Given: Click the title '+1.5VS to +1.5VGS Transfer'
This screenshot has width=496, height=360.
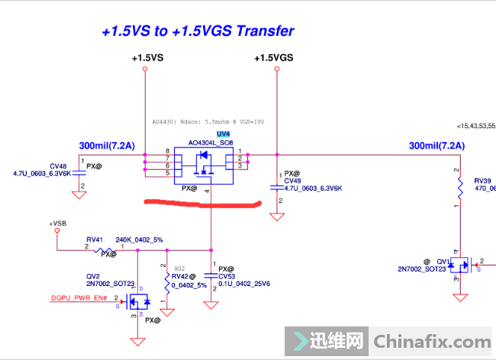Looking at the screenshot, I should click(x=198, y=31).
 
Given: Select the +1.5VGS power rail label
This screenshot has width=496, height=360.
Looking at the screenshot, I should click(x=274, y=58).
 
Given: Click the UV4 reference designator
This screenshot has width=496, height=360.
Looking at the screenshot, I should click(x=201, y=133).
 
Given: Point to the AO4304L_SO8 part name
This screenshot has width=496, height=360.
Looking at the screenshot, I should click(x=211, y=143).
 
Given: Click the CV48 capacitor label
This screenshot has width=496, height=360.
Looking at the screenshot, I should click(x=58, y=166).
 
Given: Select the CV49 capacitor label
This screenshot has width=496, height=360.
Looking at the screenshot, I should click(x=292, y=181).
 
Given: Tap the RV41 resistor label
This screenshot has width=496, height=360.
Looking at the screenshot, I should click(x=94, y=239).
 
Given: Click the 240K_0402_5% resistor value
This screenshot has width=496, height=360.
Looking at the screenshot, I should click(x=139, y=239).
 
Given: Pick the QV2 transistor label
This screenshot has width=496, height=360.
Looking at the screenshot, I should click(x=94, y=276).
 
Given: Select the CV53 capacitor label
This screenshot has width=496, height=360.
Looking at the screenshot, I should click(x=227, y=276).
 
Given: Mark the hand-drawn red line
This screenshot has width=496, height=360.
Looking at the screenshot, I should click(x=202, y=204).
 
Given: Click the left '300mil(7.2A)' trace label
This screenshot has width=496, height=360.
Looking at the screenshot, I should click(x=107, y=145).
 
